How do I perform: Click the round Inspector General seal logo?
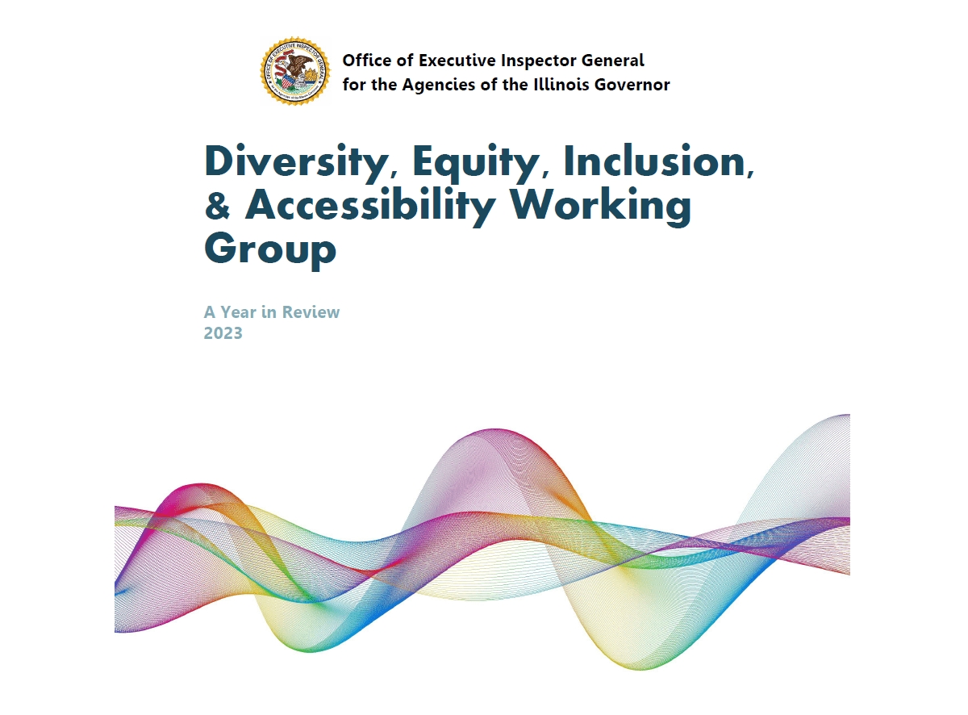295,71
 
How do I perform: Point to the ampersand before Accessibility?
217,204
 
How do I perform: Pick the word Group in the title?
270,250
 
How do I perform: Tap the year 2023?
223,332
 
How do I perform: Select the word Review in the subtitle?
311,312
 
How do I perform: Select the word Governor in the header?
632,84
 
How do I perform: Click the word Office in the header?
367,61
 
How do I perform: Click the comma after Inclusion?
750,173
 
